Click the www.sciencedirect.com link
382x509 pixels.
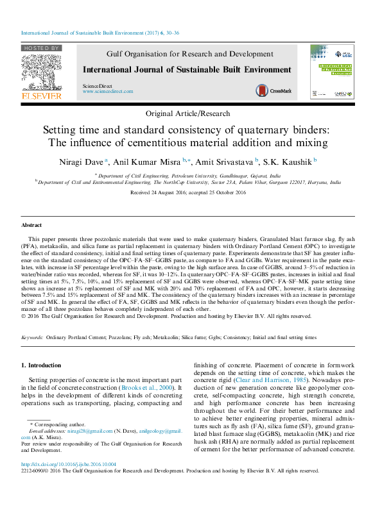click(x=108, y=92)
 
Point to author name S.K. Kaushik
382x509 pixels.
click(x=287, y=161)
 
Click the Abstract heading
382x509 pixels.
click(x=31, y=226)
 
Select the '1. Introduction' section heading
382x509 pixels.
click(x=42, y=365)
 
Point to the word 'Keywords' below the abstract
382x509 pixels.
click(x=32, y=337)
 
